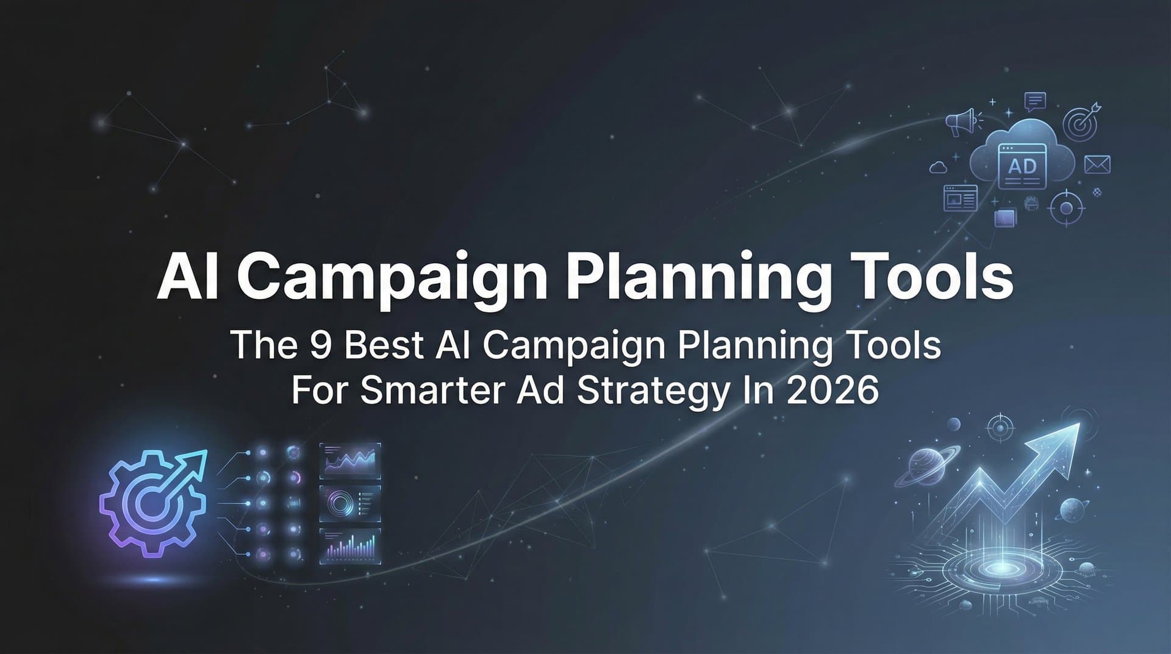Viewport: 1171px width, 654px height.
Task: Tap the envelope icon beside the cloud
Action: coord(1097,164)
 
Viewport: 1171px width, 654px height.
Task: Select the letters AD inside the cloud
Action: coord(1022,165)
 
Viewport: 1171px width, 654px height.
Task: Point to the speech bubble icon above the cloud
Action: coord(1035,101)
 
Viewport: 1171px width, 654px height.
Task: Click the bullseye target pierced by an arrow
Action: coord(1081,123)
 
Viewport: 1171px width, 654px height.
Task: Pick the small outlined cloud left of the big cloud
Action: coord(938,166)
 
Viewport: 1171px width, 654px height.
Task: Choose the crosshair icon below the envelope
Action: coord(1066,208)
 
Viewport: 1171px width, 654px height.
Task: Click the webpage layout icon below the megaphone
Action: coord(960,198)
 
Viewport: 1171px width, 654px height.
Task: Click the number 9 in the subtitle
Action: coord(320,345)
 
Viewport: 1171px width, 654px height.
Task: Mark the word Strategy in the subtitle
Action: coord(652,392)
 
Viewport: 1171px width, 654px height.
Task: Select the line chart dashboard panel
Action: coord(350,460)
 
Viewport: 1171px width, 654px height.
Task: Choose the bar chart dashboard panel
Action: coord(350,545)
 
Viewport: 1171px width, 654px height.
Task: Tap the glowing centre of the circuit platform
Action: coord(999,568)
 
